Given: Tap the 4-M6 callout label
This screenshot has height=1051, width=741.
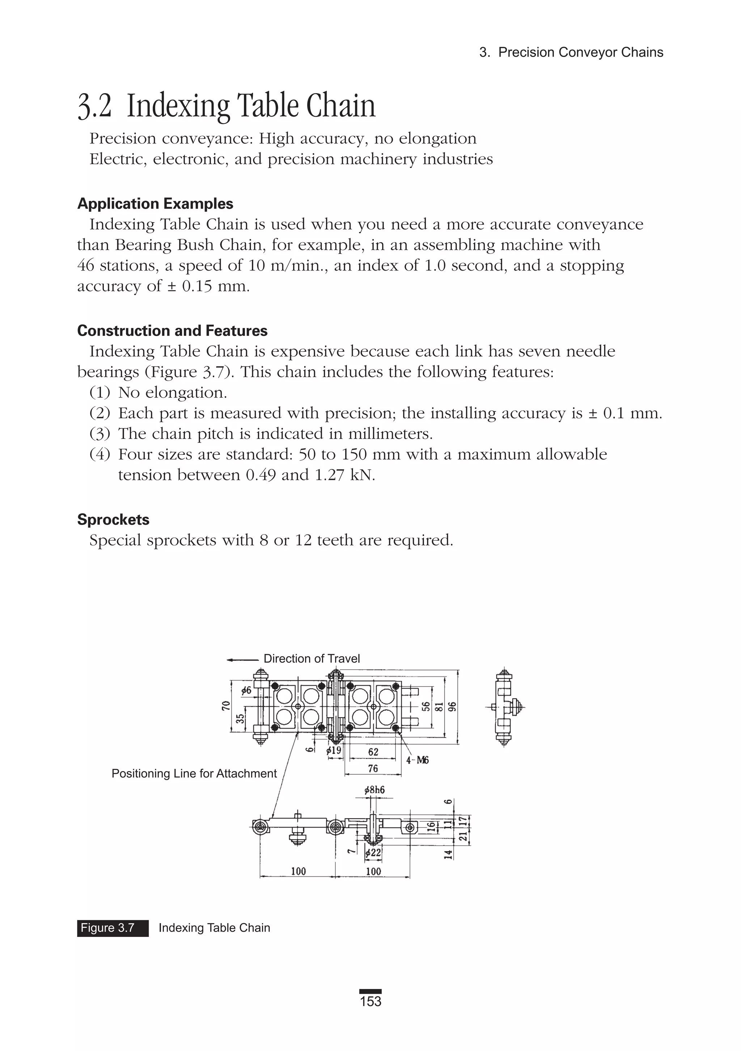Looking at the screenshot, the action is click(x=417, y=760).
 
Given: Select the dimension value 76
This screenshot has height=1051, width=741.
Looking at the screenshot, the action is click(x=373, y=769).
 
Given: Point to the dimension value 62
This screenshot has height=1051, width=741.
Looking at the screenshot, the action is click(x=373, y=751).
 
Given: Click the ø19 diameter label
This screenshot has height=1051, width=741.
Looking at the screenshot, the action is click(x=334, y=751).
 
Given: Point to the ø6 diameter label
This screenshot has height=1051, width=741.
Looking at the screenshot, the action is click(x=246, y=690).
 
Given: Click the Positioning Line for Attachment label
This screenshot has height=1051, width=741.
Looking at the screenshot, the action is click(x=194, y=774).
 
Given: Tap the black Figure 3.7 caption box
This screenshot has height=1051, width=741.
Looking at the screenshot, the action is click(x=113, y=928).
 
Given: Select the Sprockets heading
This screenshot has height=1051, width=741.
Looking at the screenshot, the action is click(x=113, y=520).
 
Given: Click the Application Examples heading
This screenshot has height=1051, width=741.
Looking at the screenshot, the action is click(x=155, y=204).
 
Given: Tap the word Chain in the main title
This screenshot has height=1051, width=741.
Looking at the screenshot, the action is click(x=341, y=106).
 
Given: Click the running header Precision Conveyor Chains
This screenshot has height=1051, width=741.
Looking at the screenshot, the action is click(x=580, y=52).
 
